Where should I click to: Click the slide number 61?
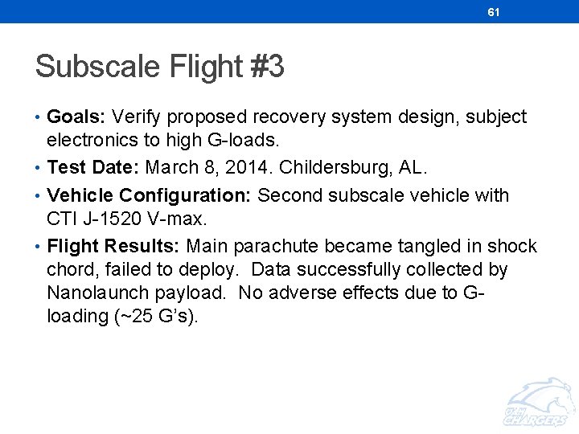(494, 12)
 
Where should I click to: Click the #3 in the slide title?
(267, 67)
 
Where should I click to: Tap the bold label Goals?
(76, 117)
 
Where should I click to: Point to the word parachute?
(275, 246)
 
